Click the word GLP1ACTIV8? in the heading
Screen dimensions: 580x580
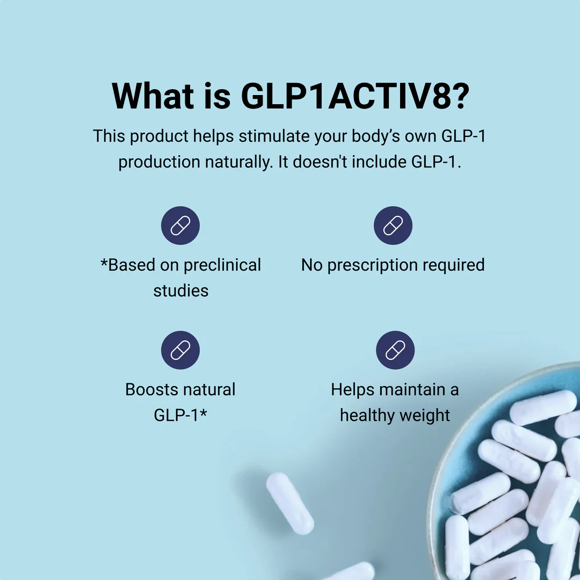[355, 96]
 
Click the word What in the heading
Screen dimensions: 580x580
[153, 96]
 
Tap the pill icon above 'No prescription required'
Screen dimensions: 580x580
[393, 225]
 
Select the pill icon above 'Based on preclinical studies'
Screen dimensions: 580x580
[180, 225]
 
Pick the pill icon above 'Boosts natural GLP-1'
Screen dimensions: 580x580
[180, 350]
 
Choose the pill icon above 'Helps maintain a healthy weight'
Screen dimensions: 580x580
[395, 350]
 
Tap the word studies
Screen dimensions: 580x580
[181, 291]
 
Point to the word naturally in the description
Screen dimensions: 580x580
[239, 162]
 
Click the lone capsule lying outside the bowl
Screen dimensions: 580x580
[290, 503]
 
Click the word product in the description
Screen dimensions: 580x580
[159, 136]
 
